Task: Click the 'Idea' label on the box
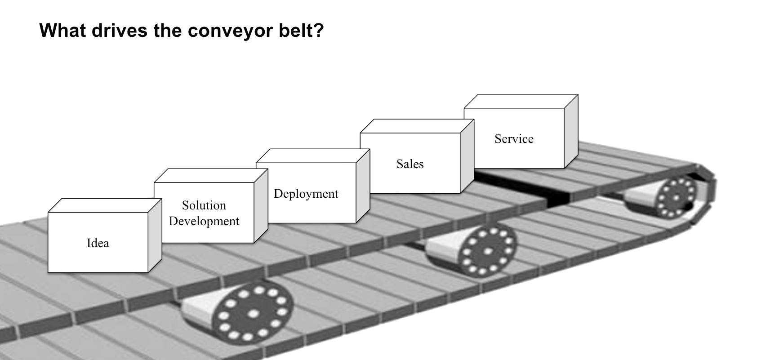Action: pos(98,243)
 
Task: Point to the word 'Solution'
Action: pos(204,205)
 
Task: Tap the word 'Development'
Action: pos(204,221)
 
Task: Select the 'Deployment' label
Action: pos(306,194)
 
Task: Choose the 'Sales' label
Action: pos(410,164)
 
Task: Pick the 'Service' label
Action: pos(514,139)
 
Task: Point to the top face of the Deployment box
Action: pos(312,156)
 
